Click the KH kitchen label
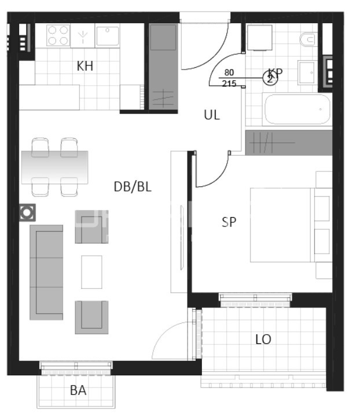[85, 66]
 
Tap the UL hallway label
[212, 115]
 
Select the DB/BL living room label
[133, 186]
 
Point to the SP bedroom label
[229, 221]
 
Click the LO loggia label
[263, 339]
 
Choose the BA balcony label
[78, 390]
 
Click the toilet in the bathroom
[307, 40]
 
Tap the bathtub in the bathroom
[297, 109]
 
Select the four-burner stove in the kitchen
[58, 35]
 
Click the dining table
[55, 167]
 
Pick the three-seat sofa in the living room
[46, 272]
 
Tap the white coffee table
[91, 272]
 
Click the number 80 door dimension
[229, 73]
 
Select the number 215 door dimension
[229, 83]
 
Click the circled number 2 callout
[270, 79]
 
